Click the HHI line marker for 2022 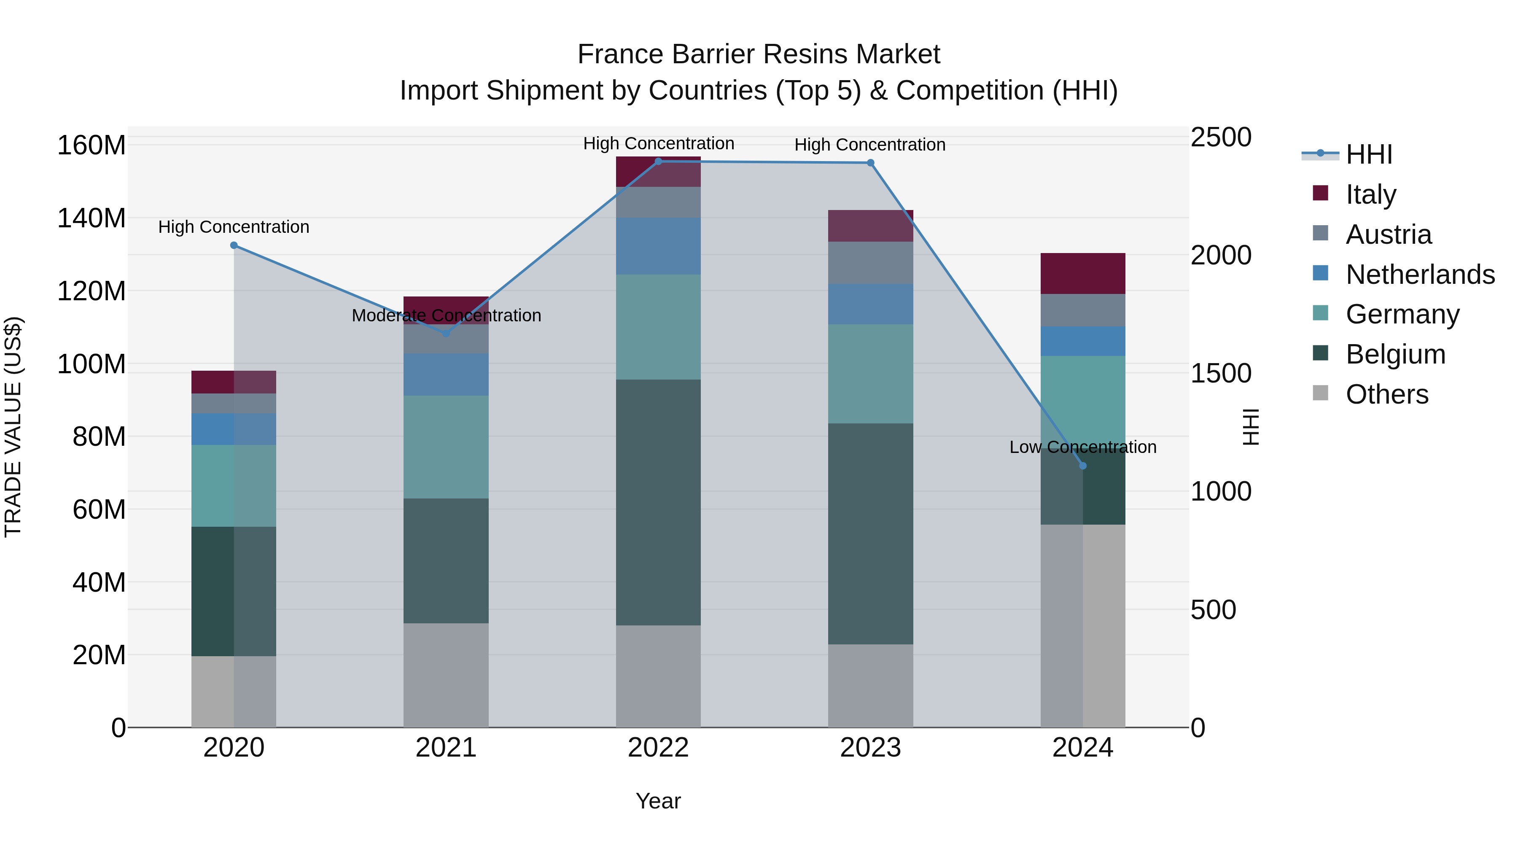(658, 161)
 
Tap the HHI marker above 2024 (1082, 466)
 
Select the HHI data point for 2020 (234, 245)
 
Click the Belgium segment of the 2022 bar (658, 502)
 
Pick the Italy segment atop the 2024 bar (1082, 273)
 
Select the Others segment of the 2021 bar (446, 675)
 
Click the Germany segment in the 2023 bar (870, 374)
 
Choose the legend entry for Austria (1389, 234)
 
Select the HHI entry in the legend (1368, 154)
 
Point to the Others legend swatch (1321, 393)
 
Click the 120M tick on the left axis (92, 291)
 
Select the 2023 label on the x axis (870, 748)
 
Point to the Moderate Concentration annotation (446, 315)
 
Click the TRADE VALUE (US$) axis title (13, 427)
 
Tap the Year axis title (658, 801)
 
